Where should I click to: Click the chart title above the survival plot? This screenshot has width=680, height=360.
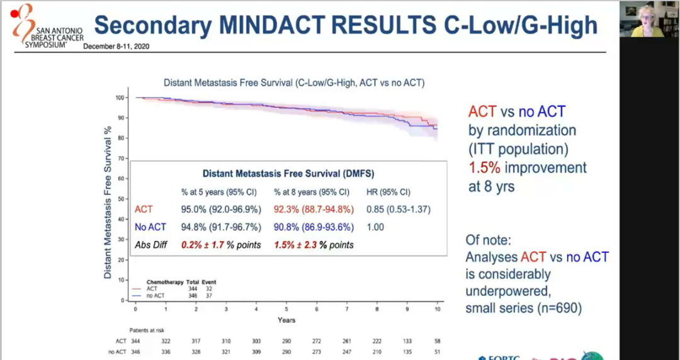[x=294, y=82]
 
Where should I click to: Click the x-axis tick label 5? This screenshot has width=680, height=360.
[x=286, y=310]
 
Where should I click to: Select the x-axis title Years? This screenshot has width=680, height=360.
[x=286, y=320]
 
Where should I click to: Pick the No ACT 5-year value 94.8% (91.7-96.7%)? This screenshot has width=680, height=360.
[x=219, y=227]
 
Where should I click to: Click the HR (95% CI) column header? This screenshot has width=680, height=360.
[x=388, y=192]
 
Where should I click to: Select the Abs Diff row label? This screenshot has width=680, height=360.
[x=151, y=244]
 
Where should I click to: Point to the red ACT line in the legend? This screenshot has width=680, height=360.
[x=139, y=288]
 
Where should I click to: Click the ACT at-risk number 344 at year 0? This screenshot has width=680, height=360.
[x=136, y=340]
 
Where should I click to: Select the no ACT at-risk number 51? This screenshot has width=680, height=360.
[x=438, y=351]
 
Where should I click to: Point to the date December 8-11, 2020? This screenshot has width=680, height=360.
[x=116, y=47]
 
